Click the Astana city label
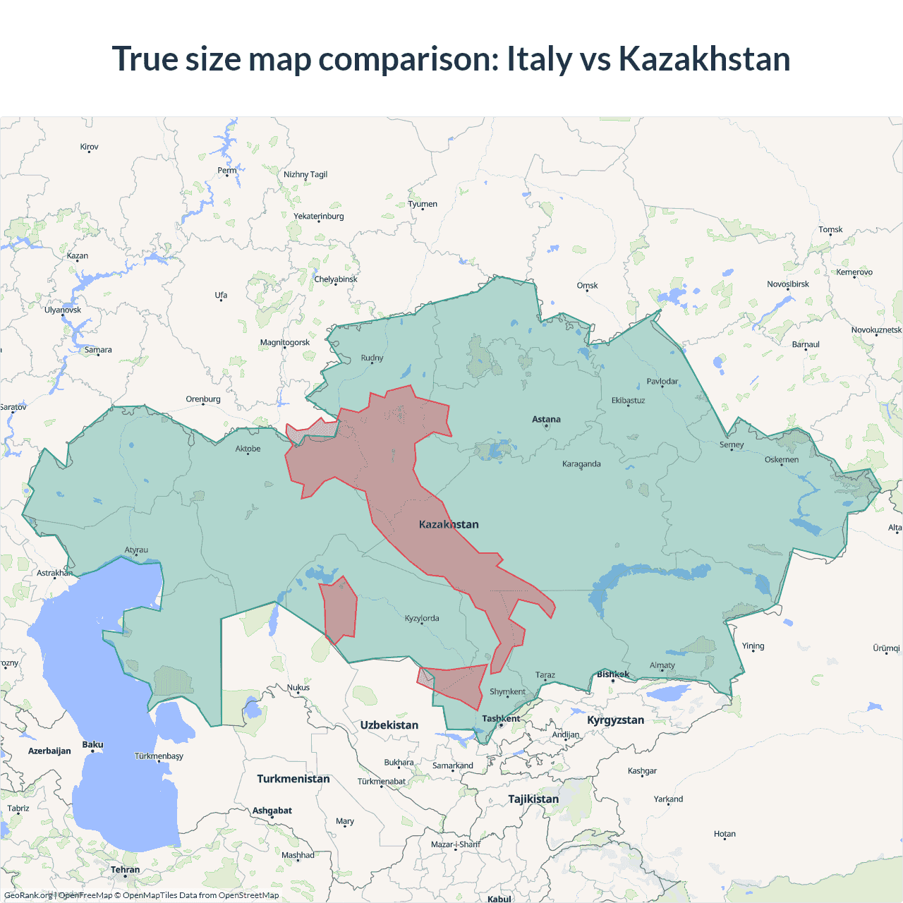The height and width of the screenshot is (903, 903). [x=546, y=419]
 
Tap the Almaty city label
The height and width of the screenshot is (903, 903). [x=662, y=665]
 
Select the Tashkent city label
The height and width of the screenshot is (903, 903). [x=501, y=719]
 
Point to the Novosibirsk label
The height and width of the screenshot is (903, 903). [x=788, y=284]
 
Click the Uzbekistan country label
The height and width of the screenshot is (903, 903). [x=389, y=725]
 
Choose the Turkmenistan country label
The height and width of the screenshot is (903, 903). [x=293, y=779]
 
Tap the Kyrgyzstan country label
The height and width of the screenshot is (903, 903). [x=615, y=720]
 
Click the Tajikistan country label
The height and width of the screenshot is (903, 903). [x=533, y=799]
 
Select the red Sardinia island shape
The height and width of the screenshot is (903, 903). [x=339, y=608]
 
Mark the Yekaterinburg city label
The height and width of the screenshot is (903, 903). [x=319, y=217]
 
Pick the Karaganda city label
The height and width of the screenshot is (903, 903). [x=581, y=464]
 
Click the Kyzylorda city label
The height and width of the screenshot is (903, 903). [x=422, y=619]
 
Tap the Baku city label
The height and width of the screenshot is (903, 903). [x=92, y=745]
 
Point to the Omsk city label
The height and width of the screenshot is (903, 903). [x=587, y=286]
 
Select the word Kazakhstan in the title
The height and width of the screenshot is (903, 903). [x=704, y=59]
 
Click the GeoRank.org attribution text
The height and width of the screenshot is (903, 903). [x=28, y=895]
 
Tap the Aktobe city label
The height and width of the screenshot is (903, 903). [x=248, y=449]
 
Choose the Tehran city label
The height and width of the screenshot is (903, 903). [x=125, y=870]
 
